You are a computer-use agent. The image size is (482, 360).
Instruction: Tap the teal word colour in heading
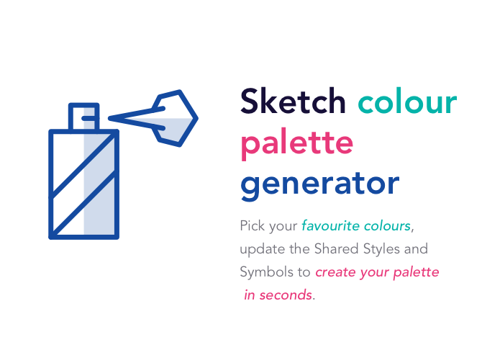click(407, 102)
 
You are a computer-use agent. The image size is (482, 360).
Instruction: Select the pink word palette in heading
click(296, 143)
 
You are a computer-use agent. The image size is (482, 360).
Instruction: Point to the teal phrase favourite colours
click(357, 225)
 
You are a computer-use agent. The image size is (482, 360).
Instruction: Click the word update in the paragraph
click(259, 249)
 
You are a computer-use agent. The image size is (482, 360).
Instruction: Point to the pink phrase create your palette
click(377, 273)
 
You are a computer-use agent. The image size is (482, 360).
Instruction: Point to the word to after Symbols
click(303, 273)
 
